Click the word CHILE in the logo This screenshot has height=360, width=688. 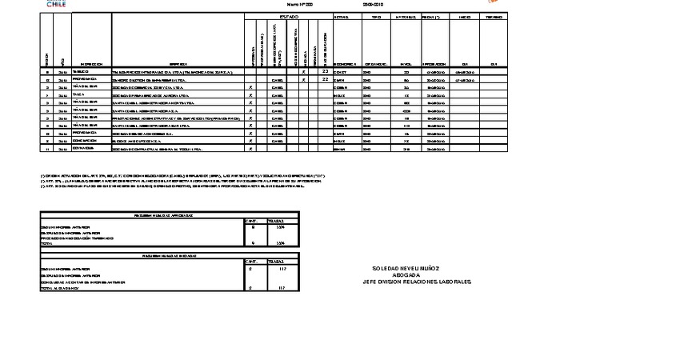click(x=57, y=4)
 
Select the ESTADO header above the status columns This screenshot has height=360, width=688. click(x=289, y=16)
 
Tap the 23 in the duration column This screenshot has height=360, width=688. click(x=325, y=72)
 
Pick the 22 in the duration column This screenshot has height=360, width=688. click(x=325, y=80)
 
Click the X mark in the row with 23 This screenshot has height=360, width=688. click(x=304, y=72)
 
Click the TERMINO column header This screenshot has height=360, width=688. click(x=494, y=16)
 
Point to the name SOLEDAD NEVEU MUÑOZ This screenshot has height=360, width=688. click(x=417, y=269)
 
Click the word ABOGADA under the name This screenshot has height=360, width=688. click(x=417, y=275)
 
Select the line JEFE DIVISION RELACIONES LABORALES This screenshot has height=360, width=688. click(x=417, y=282)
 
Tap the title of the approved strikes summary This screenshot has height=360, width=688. click(x=170, y=215)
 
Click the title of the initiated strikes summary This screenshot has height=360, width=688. click(x=170, y=256)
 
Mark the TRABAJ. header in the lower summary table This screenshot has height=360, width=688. click(x=277, y=262)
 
